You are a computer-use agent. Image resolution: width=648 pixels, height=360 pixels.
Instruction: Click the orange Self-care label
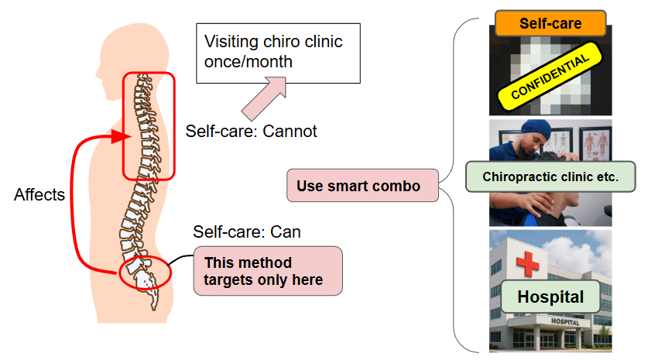(551, 24)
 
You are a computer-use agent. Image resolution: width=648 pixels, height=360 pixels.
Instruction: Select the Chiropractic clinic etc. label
(550, 177)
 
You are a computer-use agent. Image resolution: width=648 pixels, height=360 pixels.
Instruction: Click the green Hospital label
(550, 297)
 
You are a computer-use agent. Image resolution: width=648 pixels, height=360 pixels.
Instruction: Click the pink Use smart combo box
(362, 186)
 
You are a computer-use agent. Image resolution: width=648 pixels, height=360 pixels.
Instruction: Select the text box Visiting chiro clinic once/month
(278, 52)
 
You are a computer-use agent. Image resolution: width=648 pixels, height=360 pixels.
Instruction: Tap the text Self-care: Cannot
(251, 131)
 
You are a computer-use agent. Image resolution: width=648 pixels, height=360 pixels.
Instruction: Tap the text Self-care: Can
(246, 231)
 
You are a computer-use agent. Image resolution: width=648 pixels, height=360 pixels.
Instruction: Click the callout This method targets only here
(267, 270)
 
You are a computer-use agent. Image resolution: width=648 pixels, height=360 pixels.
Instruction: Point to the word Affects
(39, 195)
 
